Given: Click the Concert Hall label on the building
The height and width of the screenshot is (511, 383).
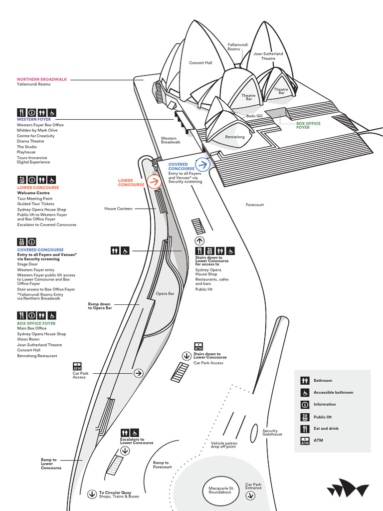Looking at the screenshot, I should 200,63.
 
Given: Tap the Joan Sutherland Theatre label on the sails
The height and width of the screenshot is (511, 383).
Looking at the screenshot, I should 268,56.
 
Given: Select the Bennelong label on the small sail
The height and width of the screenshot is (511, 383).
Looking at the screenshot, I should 235,136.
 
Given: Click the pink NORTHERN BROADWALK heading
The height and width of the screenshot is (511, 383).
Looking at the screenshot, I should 42,79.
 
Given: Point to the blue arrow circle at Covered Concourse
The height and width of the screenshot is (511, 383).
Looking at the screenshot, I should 202,164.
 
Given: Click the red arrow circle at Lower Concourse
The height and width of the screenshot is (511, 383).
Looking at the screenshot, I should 154,182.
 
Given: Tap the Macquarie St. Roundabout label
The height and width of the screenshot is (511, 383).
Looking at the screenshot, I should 220,490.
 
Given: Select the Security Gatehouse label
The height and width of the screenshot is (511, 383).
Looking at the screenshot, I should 272,433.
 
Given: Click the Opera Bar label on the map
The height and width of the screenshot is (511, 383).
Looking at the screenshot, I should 165,294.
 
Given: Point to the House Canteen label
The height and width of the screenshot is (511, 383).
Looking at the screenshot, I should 118,209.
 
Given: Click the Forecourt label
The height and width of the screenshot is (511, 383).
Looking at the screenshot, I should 255,205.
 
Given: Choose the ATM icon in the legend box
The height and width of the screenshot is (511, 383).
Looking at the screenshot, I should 305,441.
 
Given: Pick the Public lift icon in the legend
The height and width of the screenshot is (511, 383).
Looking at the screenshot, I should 305,417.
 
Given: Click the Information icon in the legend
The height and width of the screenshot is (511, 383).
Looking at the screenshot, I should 305,404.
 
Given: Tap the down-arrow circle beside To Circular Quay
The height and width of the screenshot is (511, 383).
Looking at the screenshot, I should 92,494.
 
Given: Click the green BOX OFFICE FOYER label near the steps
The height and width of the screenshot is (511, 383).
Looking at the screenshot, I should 308,125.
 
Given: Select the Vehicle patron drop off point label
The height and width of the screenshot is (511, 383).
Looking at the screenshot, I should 224,445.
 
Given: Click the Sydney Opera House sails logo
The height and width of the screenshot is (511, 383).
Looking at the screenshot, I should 348,488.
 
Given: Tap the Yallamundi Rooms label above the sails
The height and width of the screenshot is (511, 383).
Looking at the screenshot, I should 234,47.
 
